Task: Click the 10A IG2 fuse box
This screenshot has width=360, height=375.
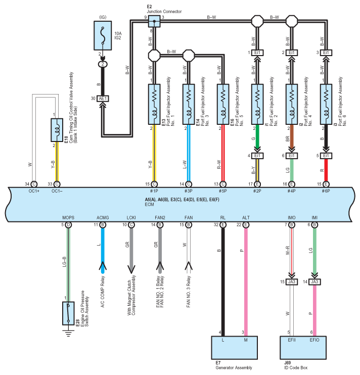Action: (103, 35)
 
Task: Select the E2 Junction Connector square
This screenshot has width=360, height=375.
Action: (154, 21)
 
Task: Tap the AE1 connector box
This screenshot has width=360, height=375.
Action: (103, 99)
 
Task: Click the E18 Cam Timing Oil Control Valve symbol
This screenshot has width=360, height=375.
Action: (57, 130)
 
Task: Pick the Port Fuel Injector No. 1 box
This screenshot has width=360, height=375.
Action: (154, 104)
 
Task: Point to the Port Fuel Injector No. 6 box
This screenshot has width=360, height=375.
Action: (326, 104)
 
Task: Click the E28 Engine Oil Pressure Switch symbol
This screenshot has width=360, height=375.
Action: (68, 313)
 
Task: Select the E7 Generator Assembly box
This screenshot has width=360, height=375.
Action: (235, 348)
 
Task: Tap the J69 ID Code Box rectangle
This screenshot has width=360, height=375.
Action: (303, 348)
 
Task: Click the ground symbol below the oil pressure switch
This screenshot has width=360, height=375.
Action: (69, 333)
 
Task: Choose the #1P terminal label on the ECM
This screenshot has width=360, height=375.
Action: (154, 191)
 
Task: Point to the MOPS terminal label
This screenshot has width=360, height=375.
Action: (68, 218)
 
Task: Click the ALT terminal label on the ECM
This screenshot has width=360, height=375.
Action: (246, 218)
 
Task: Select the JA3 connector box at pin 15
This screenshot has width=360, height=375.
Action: (292, 282)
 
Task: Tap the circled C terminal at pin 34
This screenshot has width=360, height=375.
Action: (34, 184)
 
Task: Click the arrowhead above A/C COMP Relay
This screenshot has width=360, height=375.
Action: (103, 266)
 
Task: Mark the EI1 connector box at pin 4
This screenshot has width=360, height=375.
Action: (257, 156)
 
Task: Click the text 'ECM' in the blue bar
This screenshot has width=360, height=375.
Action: (150, 205)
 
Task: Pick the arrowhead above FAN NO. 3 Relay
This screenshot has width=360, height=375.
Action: (189, 266)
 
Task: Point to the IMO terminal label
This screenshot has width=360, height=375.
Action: (292, 218)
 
